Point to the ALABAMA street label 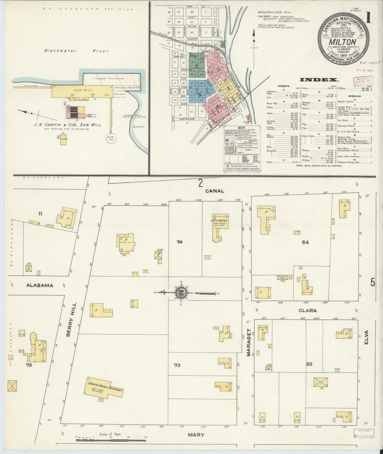click(40, 286)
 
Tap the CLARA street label click(308, 310)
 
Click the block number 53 click(309, 364)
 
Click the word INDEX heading click(319, 79)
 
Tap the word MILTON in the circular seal click(342, 42)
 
